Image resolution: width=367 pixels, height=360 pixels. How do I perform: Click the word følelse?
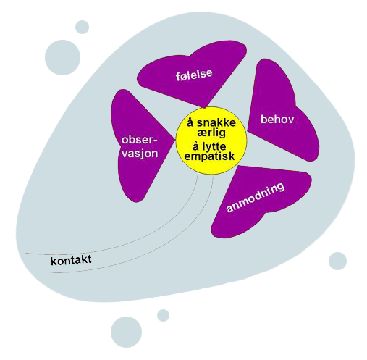pyautogui.click(x=194, y=74)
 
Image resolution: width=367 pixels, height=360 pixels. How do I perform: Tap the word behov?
pyautogui.click(x=277, y=120)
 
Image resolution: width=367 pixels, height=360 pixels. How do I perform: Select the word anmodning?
pyautogui.click(x=256, y=197)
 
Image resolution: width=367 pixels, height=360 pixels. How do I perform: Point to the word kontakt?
pyautogui.click(x=71, y=260)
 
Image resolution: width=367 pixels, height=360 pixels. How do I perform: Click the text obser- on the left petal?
pyautogui.click(x=140, y=140)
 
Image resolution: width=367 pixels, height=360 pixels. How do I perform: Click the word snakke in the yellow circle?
pyautogui.click(x=216, y=122)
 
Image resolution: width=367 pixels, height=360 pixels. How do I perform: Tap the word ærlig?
pyautogui.click(x=211, y=133)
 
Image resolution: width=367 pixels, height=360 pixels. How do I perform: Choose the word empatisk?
pyautogui.click(x=209, y=156)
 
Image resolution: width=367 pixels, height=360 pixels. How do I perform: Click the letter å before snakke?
pyautogui.click(x=190, y=122)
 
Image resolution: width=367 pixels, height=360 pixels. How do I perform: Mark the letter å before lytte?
pyautogui.click(x=195, y=146)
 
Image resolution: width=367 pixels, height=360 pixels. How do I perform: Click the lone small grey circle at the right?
pyautogui.click(x=337, y=261)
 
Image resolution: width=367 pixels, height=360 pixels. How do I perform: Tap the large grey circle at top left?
pyautogui.click(x=62, y=57)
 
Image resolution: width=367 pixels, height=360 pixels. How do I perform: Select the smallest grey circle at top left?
pyautogui.click(x=82, y=27)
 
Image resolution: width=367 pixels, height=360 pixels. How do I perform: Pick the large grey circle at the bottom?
pyautogui.click(x=126, y=332)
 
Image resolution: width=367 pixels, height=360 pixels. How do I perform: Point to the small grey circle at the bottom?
pyautogui.click(x=163, y=315)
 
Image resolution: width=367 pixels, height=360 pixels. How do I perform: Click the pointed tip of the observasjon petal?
pyautogui.click(x=175, y=140)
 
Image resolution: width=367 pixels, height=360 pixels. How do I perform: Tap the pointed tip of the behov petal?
pyautogui.click(x=248, y=130)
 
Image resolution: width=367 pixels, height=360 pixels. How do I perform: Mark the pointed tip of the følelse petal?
pyautogui.click(x=205, y=108)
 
